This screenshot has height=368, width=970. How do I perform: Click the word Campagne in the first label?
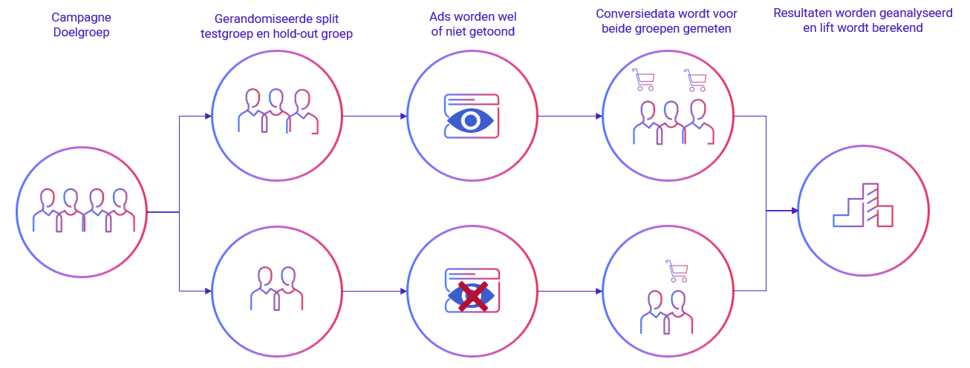pos(81,17)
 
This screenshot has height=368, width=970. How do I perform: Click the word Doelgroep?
pos(81,33)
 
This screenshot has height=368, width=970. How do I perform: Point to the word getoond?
pos(492,32)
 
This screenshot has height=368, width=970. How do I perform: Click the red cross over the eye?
pos(472,296)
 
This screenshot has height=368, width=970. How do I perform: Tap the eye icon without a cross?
pos(471,119)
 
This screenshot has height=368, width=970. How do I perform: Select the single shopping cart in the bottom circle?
pos(677,271)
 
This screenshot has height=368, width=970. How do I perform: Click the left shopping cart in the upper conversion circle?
pos(642,79)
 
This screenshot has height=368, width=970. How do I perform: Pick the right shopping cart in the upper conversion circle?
pos(695,79)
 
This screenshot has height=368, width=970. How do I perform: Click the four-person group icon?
pos(83,211)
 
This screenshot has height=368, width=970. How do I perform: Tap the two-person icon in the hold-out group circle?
pos(277,289)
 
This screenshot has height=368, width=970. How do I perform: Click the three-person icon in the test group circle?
pos(277,112)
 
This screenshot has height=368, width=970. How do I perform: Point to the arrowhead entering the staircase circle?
pos(794,211)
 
